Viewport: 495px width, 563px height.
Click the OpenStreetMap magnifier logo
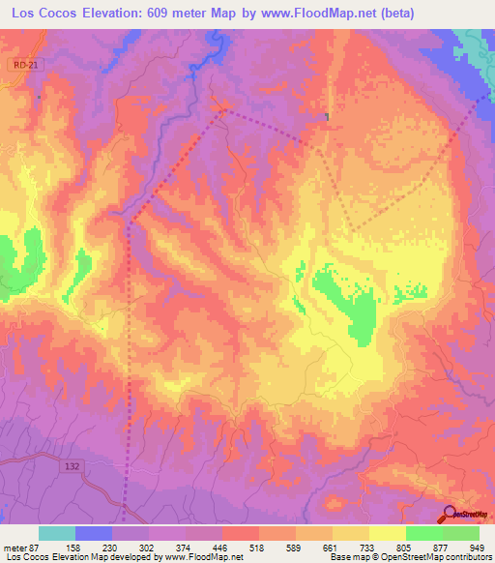coord(451,514)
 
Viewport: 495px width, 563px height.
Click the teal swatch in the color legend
coord(57,533)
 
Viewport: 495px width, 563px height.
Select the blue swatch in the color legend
coord(94,533)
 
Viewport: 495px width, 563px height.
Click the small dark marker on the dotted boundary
coord(328,117)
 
